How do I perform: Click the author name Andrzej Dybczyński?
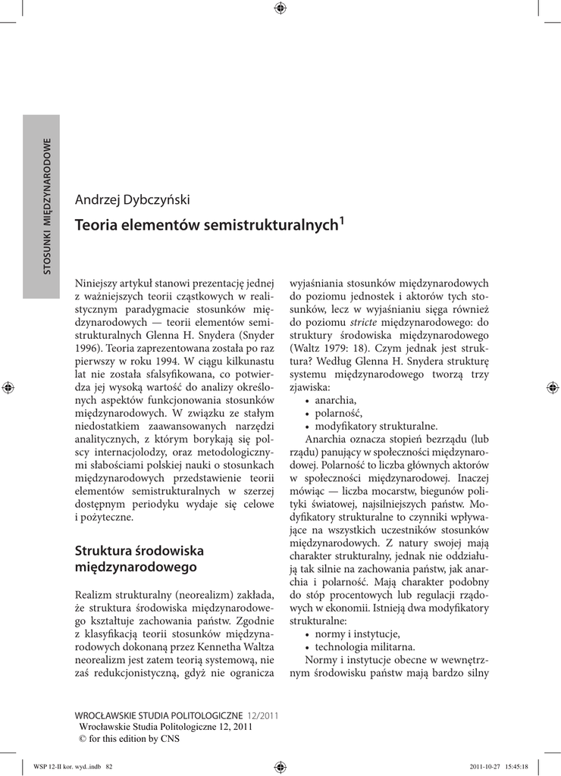point(132,200)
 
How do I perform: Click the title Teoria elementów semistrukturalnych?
point(206,225)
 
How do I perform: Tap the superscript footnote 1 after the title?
point(342,221)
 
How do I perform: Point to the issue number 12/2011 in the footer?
point(263,715)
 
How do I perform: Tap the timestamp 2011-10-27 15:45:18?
point(503,766)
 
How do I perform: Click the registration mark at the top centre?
point(280,8)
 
